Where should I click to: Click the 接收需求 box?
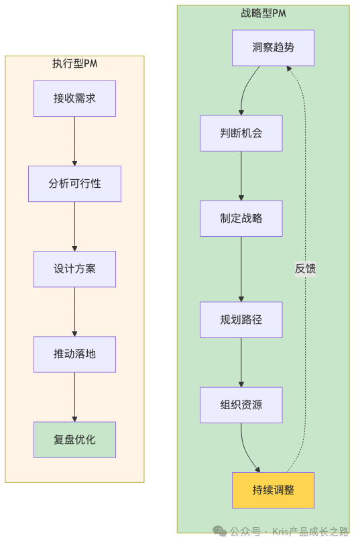click(x=74, y=99)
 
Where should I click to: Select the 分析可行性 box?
click(x=74, y=184)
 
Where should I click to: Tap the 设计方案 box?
click(x=74, y=269)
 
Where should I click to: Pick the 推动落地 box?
click(x=74, y=354)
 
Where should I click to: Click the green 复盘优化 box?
click(x=74, y=439)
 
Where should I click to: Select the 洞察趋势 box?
click(x=273, y=48)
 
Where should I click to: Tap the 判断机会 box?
click(x=241, y=133)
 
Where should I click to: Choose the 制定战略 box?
click(x=241, y=219)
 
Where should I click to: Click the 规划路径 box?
click(x=241, y=320)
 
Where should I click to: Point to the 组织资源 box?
click(x=241, y=405)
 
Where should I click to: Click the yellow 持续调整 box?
click(x=273, y=490)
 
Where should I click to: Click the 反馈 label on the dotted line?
click(x=305, y=269)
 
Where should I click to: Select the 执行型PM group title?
click(x=75, y=64)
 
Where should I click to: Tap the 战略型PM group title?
click(x=263, y=13)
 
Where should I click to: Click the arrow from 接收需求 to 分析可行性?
click(x=74, y=141)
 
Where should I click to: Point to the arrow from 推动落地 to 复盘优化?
click(x=74, y=396)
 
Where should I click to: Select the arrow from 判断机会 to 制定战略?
click(x=241, y=176)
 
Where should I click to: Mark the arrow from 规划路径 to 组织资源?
click(x=241, y=362)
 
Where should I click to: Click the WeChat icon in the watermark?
click(x=220, y=531)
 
